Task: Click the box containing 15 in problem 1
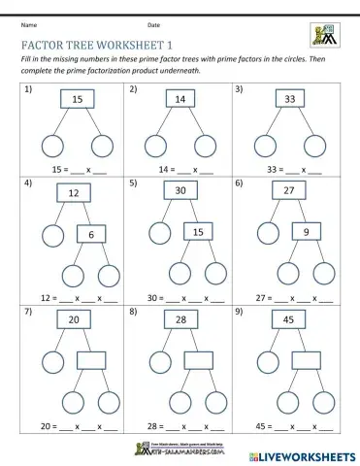point(78,100)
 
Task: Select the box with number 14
point(180,100)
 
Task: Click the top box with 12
point(73,194)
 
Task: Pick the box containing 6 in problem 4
point(91,234)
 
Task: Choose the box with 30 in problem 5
point(180,192)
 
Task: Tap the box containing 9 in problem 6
point(307,233)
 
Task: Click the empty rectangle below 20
point(91,360)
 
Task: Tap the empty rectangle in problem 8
point(199,360)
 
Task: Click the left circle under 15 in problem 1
point(52,146)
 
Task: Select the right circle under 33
point(315,146)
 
